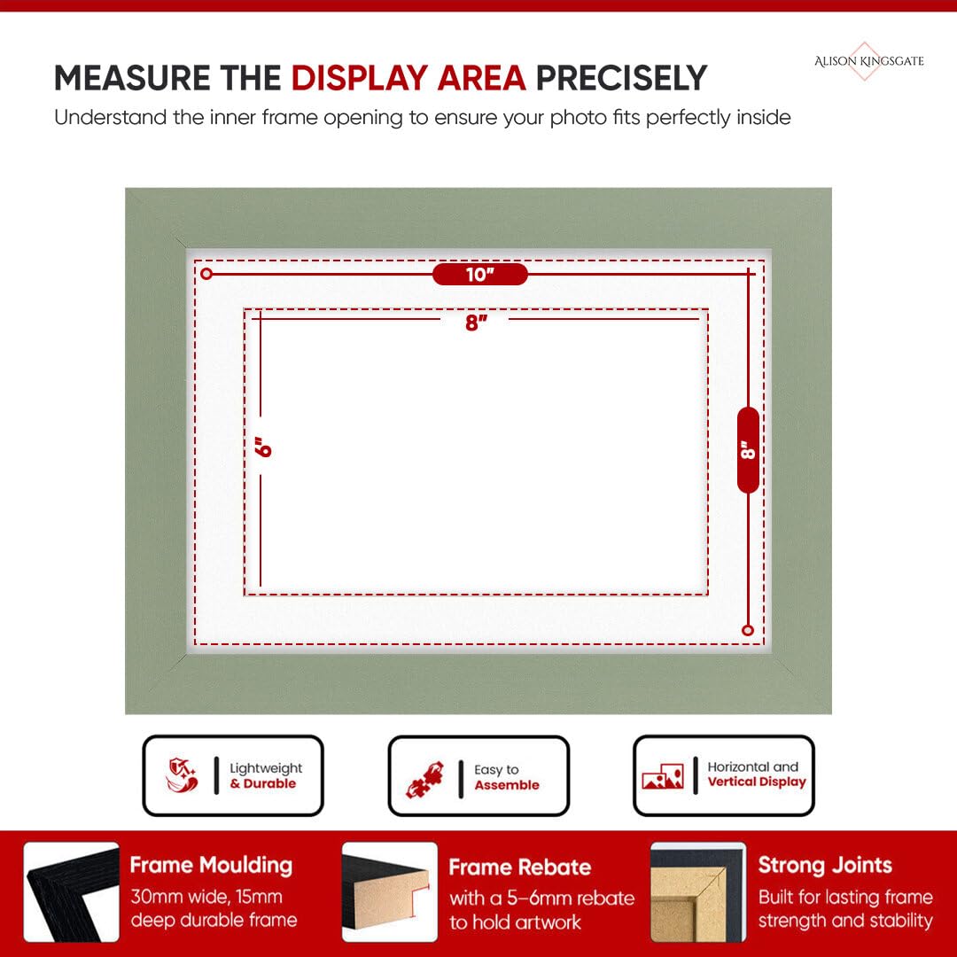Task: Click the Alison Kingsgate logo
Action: coord(868,61)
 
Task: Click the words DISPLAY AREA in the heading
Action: coord(408,79)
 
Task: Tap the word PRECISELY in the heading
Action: coord(621,79)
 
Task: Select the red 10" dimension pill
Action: coord(479,275)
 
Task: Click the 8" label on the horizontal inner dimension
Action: coord(476,323)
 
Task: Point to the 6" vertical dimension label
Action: coord(263,447)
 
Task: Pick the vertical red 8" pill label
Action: coord(748,450)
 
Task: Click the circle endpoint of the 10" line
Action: coord(206,274)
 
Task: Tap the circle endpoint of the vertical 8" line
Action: coord(748,631)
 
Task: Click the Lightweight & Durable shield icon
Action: coord(182,775)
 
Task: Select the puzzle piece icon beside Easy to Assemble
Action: coord(425,780)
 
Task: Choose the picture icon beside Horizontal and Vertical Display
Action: coord(663,776)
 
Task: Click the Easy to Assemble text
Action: coord(507,778)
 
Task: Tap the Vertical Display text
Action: coord(757,782)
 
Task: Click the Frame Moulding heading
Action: coord(211,865)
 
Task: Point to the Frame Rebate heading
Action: coord(520,868)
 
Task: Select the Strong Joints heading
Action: coord(825,865)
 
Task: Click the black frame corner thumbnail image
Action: coord(72,891)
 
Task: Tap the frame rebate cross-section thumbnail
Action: coord(389,891)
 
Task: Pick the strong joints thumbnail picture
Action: coord(698,891)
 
